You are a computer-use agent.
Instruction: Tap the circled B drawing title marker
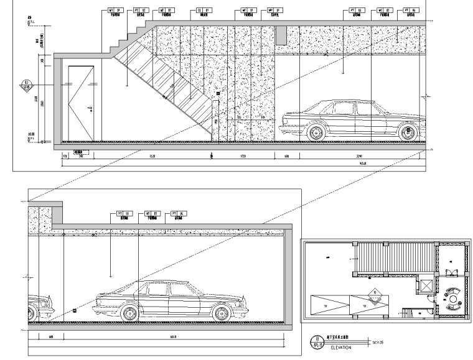[x=316, y=343]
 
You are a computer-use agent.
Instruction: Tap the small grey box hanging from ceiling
[x=281, y=35]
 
